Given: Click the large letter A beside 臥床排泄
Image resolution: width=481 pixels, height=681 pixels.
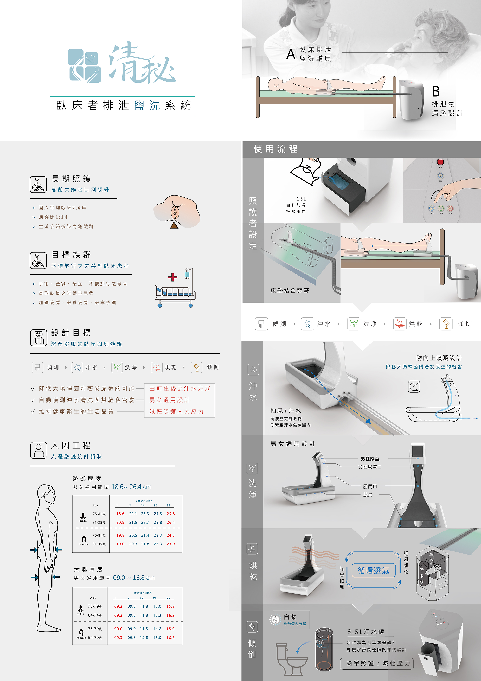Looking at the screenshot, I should pos(291,54).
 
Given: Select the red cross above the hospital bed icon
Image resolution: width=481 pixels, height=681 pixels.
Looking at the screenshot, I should pos(172,277).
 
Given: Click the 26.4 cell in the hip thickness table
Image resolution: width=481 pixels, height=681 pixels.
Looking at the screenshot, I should pos(171,522).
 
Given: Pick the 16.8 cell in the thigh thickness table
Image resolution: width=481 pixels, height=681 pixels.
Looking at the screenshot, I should pos(170,637).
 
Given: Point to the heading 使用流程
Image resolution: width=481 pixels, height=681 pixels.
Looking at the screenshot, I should pos(275,149).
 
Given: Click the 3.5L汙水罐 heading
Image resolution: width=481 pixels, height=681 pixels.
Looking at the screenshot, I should pos(366,632).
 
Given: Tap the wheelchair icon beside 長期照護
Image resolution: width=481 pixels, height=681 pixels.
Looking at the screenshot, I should pos(38,184).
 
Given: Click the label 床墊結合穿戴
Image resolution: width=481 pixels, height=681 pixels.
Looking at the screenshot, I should pos(290,291).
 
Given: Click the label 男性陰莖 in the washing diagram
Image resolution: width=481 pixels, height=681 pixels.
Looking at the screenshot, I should pos(370,458).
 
